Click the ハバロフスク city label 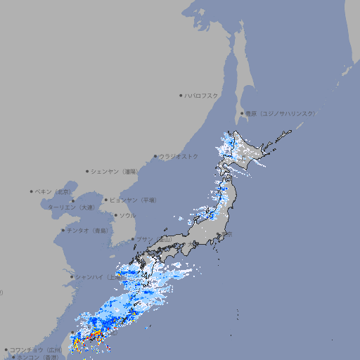(x=202, y=96)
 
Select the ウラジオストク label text (x=179, y=156)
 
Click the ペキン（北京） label (x=53, y=191)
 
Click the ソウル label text (x=127, y=215)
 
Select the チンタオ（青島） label (x=87, y=230)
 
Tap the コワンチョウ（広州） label (x=36, y=349)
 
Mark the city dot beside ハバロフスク (x=181, y=96)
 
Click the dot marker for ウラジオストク (x=155, y=156)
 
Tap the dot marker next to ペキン (x=32, y=191)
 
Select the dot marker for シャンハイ (x=71, y=277)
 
